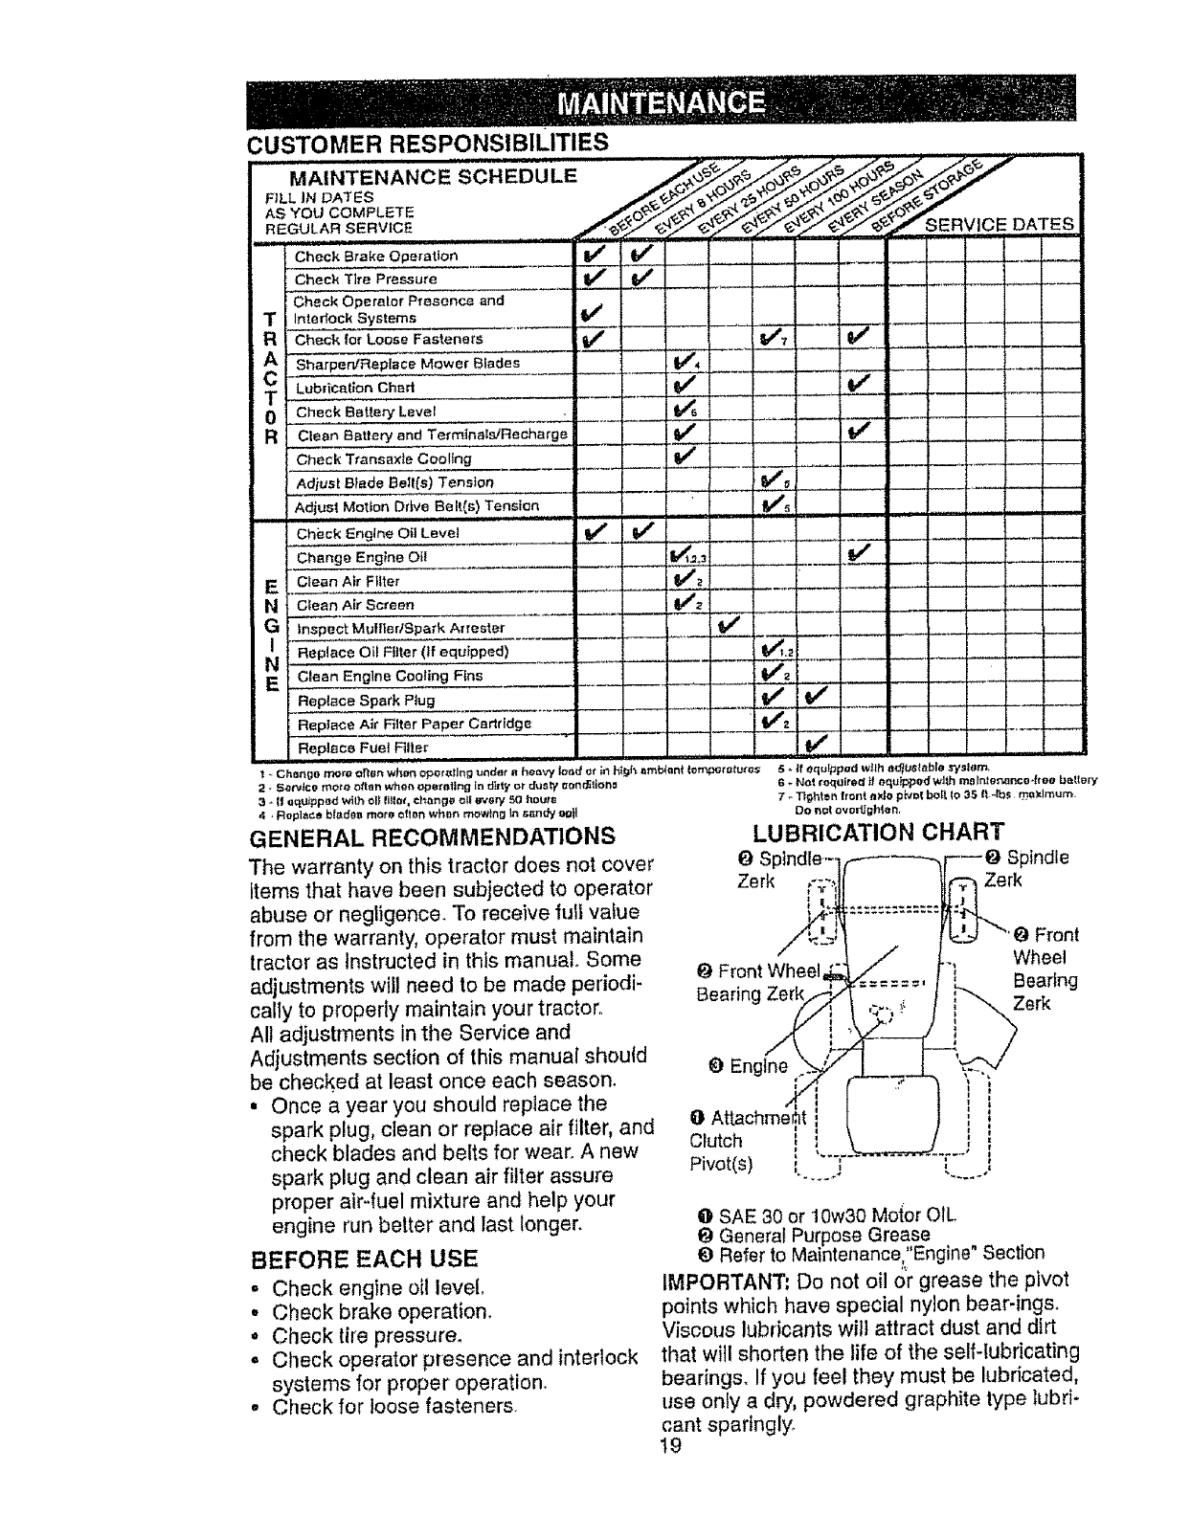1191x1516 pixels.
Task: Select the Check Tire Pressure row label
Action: pyautogui.click(x=366, y=279)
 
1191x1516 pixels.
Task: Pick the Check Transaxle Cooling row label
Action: pyautogui.click(x=383, y=459)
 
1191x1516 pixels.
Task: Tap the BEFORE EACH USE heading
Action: pyautogui.click(x=363, y=1257)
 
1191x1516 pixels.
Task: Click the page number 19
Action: pyautogui.click(x=670, y=1446)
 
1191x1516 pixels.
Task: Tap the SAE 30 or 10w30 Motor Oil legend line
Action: pyautogui.click(x=829, y=1216)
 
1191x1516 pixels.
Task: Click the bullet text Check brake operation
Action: pyautogui.click(x=383, y=1311)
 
